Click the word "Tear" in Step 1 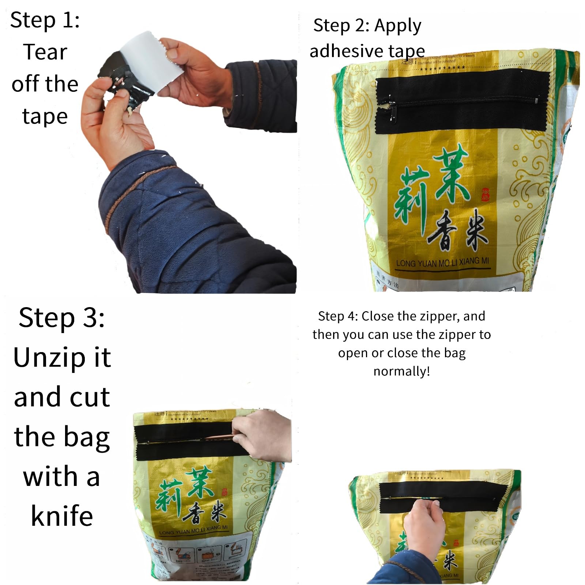coord(45,52)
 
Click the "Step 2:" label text coord(341,26)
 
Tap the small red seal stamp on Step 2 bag coord(485,194)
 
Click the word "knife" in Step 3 coord(62,516)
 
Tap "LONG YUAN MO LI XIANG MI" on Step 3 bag coord(193,530)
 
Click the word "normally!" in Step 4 coord(401,371)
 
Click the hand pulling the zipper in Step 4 coord(424,523)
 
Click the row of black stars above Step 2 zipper coord(442,68)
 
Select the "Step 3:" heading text coord(61,317)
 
